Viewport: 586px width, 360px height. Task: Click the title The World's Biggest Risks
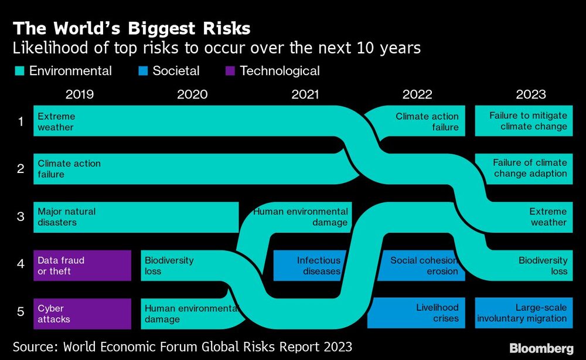(132, 28)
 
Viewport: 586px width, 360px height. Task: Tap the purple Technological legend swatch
(230, 72)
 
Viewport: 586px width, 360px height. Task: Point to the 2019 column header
(80, 94)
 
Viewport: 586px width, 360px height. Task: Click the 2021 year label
(305, 94)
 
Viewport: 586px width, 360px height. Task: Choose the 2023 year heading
(530, 94)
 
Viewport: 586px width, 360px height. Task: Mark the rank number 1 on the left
(21, 121)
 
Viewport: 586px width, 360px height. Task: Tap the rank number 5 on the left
(21, 312)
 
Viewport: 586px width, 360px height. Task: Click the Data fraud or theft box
(82, 266)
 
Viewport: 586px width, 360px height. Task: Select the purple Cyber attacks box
(82, 314)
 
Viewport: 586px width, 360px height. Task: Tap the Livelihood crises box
(417, 314)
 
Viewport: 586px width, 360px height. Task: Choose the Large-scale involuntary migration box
(523, 314)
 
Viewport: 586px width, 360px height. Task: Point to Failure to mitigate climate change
(523, 121)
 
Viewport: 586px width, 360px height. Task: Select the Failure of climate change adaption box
(523, 168)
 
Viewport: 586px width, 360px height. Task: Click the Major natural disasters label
(66, 217)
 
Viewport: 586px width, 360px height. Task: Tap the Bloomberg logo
(541, 349)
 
